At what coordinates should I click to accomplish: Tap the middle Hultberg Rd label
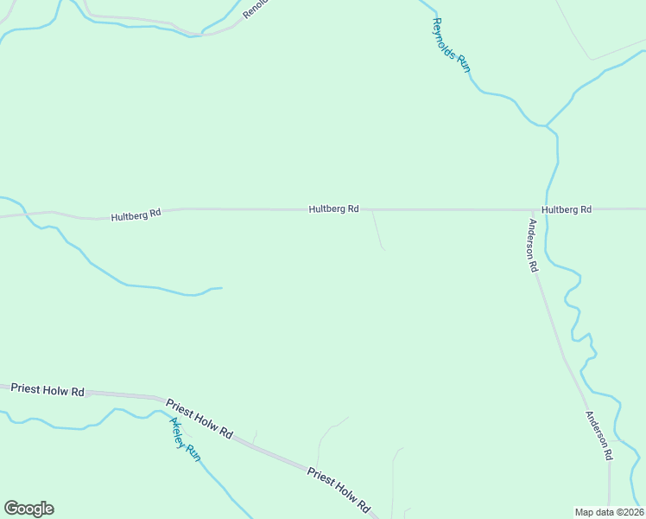point(334,209)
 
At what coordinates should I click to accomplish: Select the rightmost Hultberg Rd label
point(567,209)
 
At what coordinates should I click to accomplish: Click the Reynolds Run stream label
point(451,44)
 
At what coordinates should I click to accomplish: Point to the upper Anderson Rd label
point(534,247)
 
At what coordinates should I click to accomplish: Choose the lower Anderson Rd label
point(599,434)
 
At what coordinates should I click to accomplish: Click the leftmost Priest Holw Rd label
point(47,391)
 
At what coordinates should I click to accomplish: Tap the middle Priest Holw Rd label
point(199,419)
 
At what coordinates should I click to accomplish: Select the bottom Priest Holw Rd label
point(339,490)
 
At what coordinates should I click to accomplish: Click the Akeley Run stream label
point(185,439)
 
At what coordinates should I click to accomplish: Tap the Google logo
point(28,509)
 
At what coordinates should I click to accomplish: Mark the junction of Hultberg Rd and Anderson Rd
point(531,209)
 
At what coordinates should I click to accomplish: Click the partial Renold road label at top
point(256,10)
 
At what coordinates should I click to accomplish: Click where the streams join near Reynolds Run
point(546,126)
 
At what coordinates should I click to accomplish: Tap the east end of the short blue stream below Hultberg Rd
point(221,288)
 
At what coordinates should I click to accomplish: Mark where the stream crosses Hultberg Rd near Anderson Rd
point(546,209)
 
